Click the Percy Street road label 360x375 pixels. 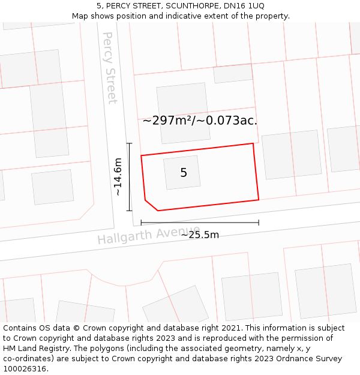110,68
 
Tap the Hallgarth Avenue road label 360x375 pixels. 149,235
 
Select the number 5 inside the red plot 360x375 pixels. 184,173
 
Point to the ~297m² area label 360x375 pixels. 200,120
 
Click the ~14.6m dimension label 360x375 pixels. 118,177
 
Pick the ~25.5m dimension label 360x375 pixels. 200,235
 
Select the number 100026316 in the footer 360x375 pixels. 25,369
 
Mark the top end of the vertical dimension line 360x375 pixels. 129,143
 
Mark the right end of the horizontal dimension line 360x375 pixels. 259,223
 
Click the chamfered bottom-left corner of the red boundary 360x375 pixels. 151,205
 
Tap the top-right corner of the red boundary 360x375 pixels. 253,143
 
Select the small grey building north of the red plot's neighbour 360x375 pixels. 233,73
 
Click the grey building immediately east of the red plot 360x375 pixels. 292,155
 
